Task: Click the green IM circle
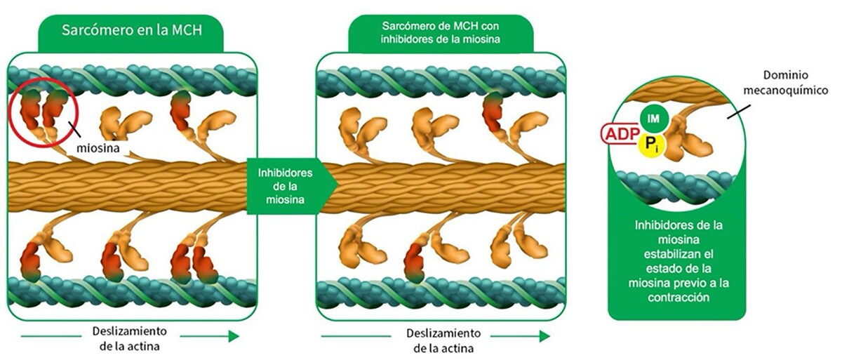(x=654, y=119)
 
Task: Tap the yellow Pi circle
(x=651, y=145)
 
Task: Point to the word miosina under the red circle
(x=98, y=148)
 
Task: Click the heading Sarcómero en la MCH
(x=132, y=30)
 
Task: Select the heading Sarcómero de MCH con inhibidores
(x=440, y=33)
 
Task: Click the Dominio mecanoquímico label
(x=786, y=83)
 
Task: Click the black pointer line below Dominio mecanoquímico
(x=739, y=112)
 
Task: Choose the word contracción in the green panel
(x=679, y=298)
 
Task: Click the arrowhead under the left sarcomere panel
(x=234, y=336)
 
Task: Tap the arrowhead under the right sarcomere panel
(x=544, y=336)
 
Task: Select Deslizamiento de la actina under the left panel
(x=130, y=338)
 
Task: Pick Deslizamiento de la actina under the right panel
(x=443, y=340)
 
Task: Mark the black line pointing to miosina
(x=74, y=129)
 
